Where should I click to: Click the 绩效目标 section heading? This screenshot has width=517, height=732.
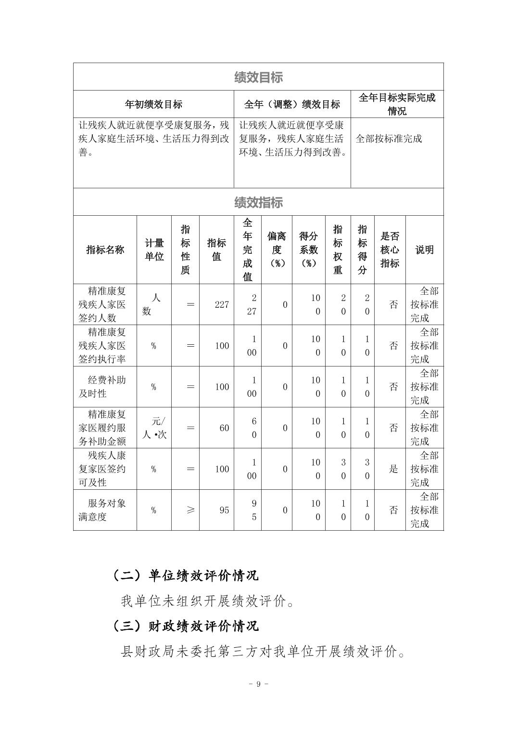[258, 77]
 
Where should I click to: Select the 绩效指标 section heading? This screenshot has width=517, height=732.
[258, 202]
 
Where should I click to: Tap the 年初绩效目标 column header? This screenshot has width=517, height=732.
[153, 105]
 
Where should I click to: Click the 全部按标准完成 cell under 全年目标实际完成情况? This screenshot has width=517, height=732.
[389, 139]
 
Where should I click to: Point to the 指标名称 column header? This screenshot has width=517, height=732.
[105, 249]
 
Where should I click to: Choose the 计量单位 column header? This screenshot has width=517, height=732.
[154, 249]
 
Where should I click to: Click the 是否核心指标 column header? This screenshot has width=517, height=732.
[390, 249]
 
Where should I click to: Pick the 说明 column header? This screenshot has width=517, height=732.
[424, 249]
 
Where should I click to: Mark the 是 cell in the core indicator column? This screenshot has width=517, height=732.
[393, 469]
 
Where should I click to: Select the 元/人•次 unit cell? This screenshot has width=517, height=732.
[154, 428]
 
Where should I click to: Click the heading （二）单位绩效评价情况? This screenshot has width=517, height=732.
[186, 575]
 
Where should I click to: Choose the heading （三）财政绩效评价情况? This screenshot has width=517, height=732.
[186, 626]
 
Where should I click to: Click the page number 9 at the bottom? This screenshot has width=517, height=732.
[258, 684]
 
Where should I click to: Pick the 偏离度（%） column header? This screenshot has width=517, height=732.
[277, 249]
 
